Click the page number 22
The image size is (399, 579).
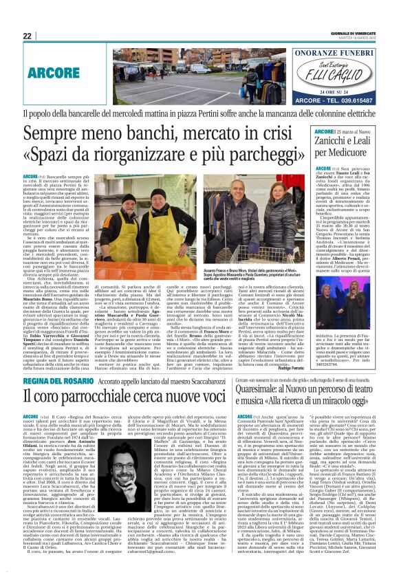(x=28, y=36)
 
